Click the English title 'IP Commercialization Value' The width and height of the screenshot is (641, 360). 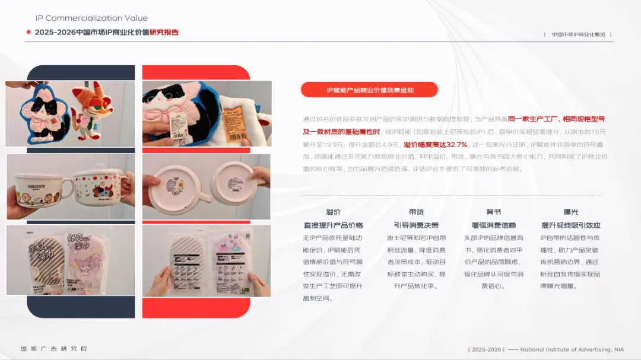pos(91,18)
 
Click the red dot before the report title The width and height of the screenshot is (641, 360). pos(28,32)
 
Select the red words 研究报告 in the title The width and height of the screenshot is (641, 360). pos(164,32)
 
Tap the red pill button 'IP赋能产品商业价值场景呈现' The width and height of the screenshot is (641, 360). pos(369,90)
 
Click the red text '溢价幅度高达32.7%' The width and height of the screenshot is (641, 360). pos(435,144)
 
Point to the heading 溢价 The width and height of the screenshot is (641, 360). pos(333,212)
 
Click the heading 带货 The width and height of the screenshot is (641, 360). pos(416,212)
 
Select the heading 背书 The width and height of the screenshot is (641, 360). pos(494,212)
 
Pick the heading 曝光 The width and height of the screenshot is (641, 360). pos(570,212)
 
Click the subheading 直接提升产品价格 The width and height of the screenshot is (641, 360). pos(333,225)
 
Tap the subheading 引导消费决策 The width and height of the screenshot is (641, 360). pos(416,225)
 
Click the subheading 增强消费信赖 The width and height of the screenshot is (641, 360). pos(494,225)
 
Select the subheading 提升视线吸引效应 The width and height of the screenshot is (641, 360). pos(570,225)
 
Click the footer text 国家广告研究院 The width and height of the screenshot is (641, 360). pos(54,349)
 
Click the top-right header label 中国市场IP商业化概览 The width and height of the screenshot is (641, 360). pos(578,34)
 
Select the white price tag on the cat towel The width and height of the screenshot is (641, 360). pos(177,124)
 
